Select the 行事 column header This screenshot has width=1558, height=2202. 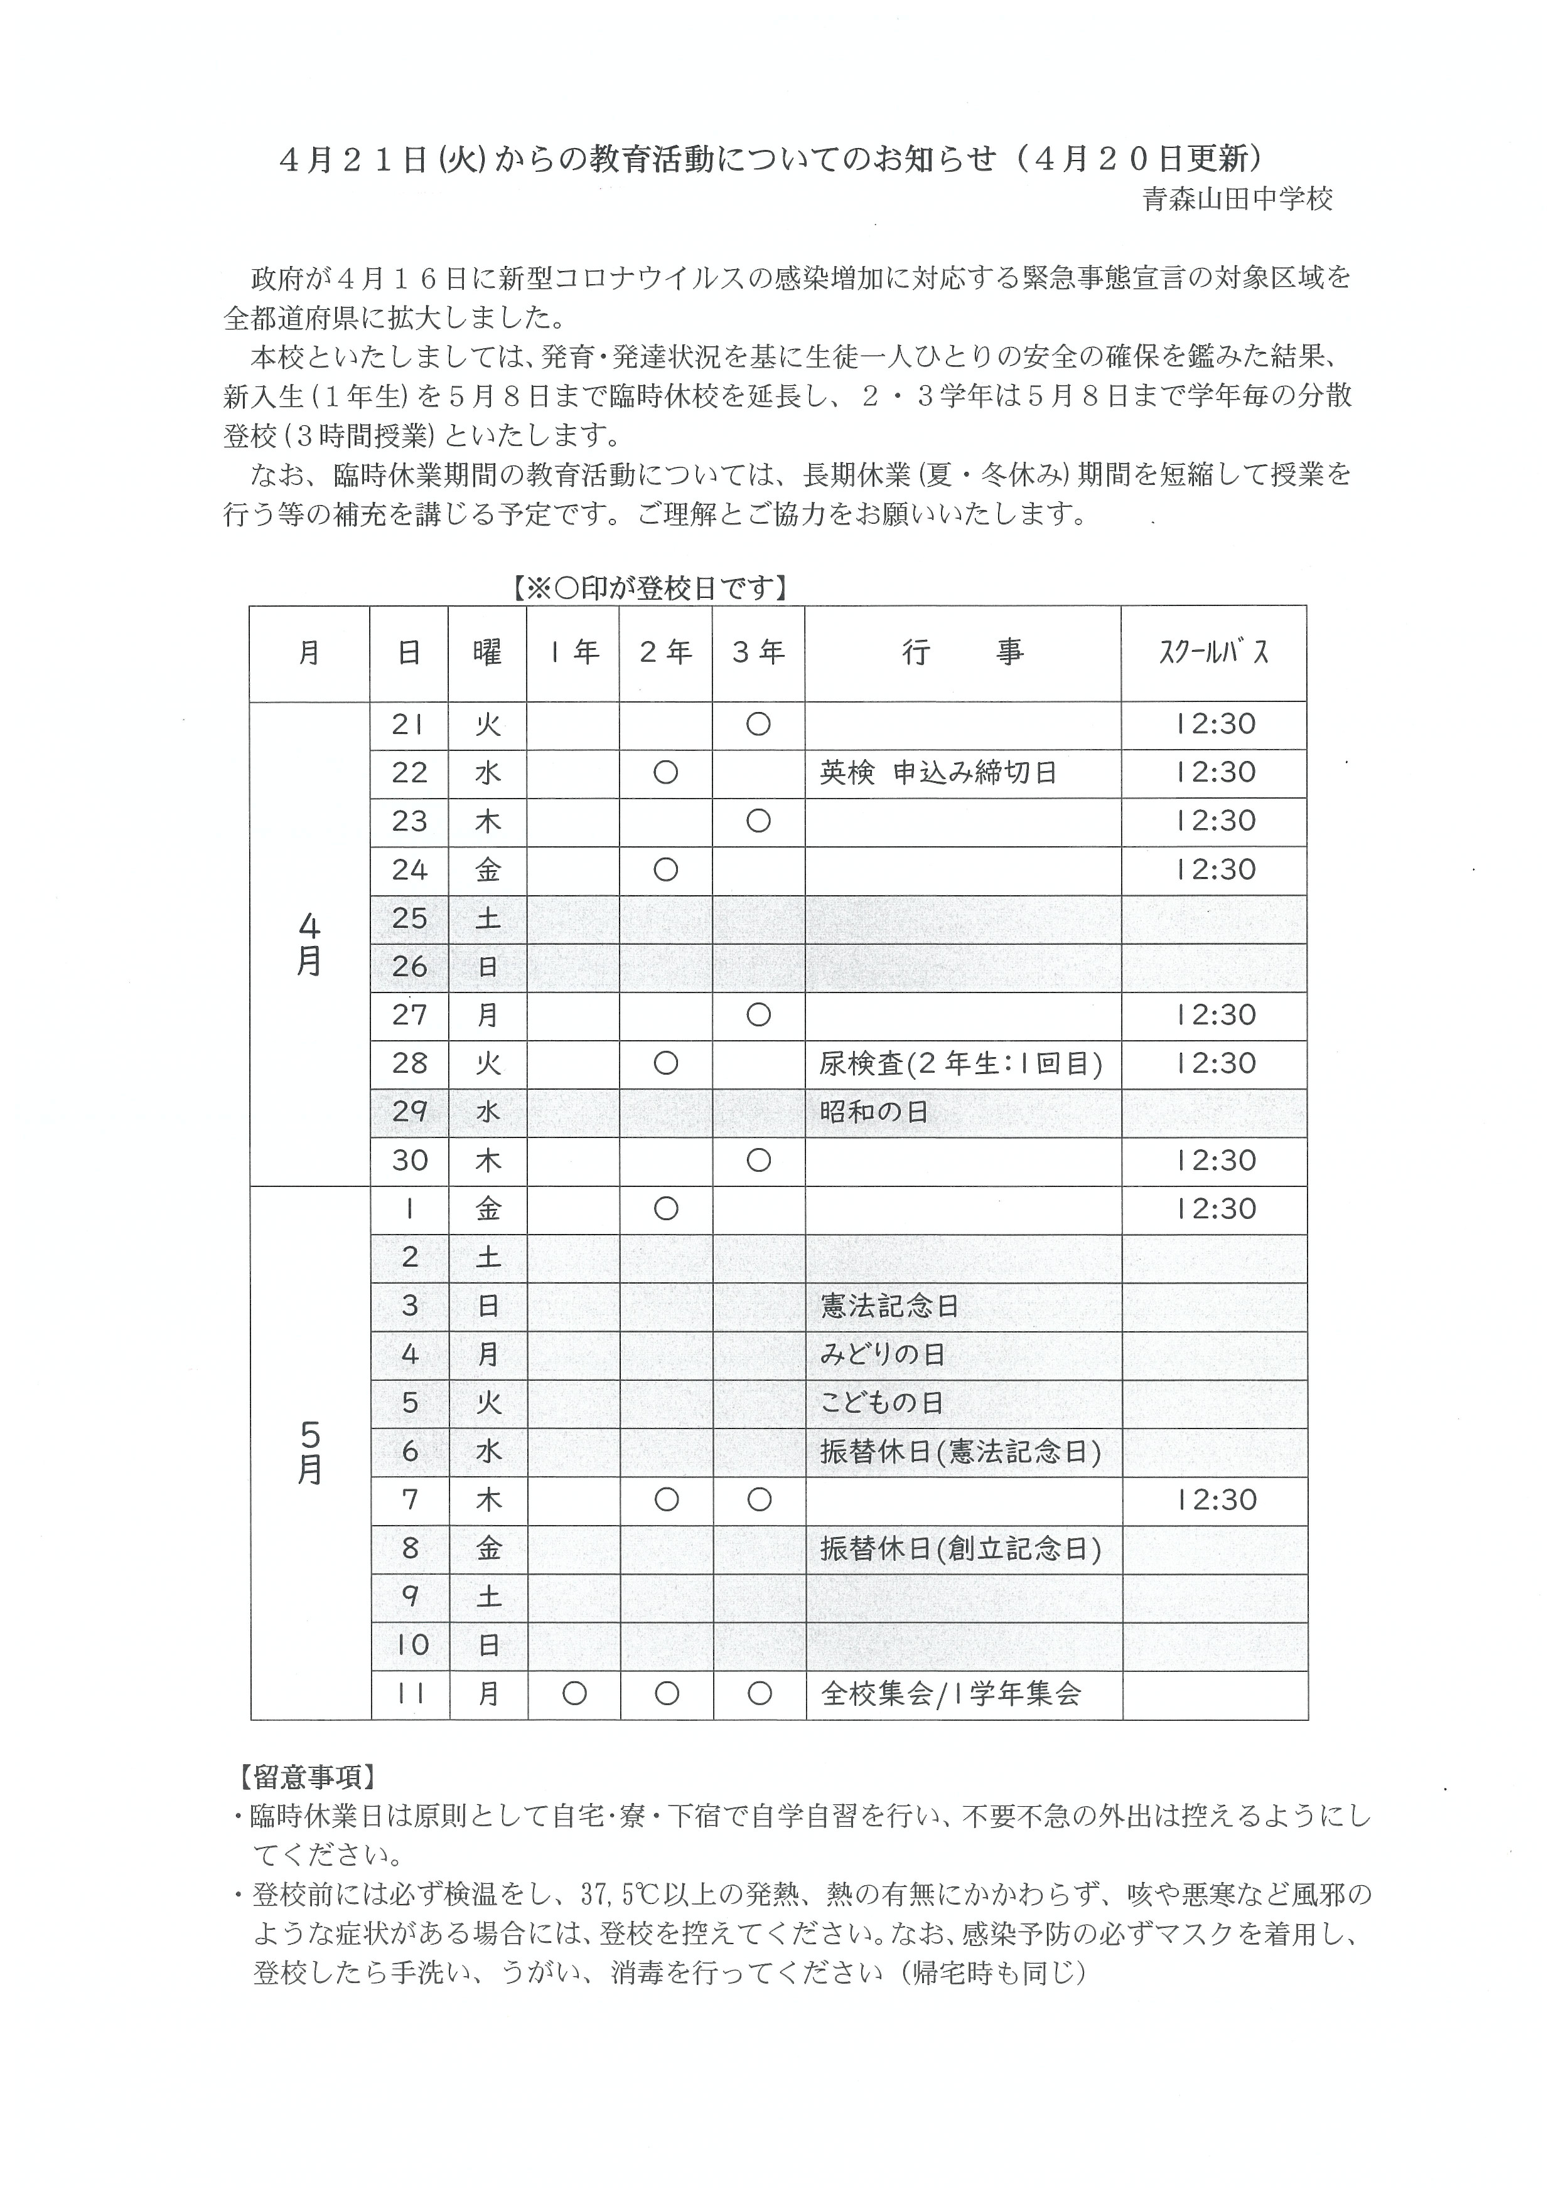pyautogui.click(x=962, y=653)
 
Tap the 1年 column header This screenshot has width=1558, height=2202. pyautogui.click(x=574, y=653)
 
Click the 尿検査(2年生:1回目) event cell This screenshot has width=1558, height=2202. pyautogui.click(x=960, y=1063)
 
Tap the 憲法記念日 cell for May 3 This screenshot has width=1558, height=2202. pyautogui.click(x=889, y=1306)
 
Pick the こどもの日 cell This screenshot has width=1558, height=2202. pyautogui.click(x=882, y=1403)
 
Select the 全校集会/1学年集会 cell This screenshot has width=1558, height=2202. pyautogui.click(x=951, y=1694)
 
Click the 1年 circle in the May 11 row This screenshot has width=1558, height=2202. pyautogui.click(x=574, y=1694)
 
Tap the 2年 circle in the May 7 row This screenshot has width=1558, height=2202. pyautogui.click(x=666, y=1500)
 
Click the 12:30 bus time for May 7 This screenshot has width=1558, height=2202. pyautogui.click(x=1215, y=1500)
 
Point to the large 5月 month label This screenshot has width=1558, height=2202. pyautogui.click(x=309, y=1452)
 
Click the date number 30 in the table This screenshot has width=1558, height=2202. pyautogui.click(x=410, y=1161)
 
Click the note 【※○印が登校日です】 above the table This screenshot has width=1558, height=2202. pyautogui.click(x=650, y=588)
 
